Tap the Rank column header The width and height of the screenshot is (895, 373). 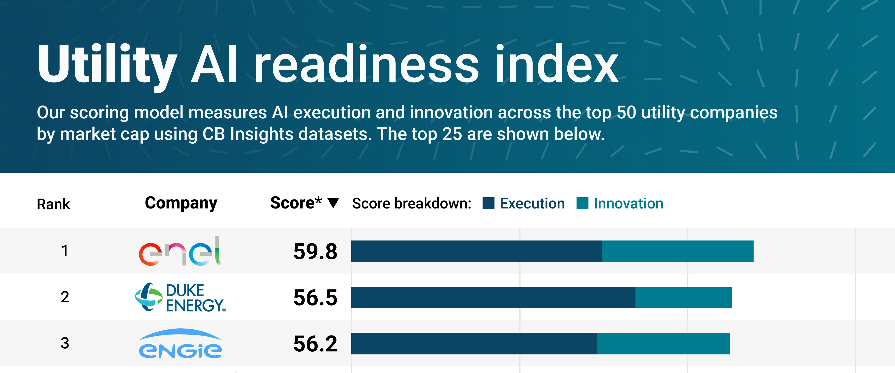(x=53, y=204)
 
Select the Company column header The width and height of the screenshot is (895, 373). (x=181, y=203)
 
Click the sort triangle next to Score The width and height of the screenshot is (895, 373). (x=333, y=203)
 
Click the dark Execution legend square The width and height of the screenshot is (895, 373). (x=489, y=203)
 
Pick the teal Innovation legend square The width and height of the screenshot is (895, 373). (x=582, y=203)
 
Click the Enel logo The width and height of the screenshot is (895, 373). (x=180, y=251)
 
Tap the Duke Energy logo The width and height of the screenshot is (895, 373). (x=180, y=297)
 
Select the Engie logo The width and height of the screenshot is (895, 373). (x=180, y=343)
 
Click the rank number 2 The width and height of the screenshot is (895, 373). (x=65, y=297)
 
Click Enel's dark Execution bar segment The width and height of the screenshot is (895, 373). (x=476, y=251)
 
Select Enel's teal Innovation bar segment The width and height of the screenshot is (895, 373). (x=677, y=251)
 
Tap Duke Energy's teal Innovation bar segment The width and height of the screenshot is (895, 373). (x=683, y=297)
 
